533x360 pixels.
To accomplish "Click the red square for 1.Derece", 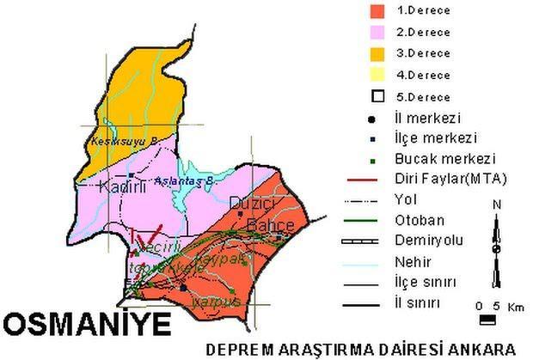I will pyautogui.click(x=375, y=12).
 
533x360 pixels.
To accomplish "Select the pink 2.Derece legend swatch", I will pyautogui.click(x=375, y=32).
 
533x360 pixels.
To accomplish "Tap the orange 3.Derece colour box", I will pyautogui.click(x=375, y=53).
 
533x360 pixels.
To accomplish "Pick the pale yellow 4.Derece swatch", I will pyautogui.click(x=375, y=74).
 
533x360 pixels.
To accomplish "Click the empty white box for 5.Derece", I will pyautogui.click(x=375, y=95).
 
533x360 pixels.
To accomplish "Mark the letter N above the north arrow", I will pyautogui.click(x=497, y=204).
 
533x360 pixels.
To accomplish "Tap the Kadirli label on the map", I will pyautogui.click(x=119, y=186).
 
